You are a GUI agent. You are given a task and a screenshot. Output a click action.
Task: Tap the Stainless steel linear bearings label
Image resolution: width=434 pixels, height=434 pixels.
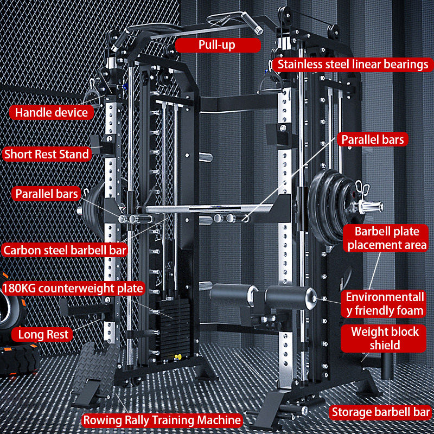(x=353, y=65)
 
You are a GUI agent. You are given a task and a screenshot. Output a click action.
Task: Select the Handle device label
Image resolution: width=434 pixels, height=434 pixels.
(x=51, y=113)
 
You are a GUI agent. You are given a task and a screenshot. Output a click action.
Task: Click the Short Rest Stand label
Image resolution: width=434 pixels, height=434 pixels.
(x=46, y=154)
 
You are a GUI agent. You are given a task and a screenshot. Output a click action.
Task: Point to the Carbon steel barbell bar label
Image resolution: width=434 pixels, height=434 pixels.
(x=65, y=250)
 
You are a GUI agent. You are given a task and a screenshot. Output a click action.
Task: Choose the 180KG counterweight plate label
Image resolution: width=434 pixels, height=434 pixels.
(x=73, y=288)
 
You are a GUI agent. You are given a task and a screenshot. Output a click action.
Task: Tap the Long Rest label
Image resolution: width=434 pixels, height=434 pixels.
(x=43, y=334)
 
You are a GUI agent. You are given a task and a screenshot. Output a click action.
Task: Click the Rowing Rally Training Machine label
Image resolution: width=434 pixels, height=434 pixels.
(x=162, y=420)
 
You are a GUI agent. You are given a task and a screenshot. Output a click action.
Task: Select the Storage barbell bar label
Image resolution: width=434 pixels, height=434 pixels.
(x=380, y=413)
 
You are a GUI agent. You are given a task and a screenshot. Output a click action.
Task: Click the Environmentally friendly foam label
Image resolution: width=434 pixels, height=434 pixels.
(x=385, y=304)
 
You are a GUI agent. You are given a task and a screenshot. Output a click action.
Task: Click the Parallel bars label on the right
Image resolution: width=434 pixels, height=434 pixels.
(x=372, y=139)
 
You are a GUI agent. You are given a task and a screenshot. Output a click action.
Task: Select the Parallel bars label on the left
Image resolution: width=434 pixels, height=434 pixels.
(x=47, y=194)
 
